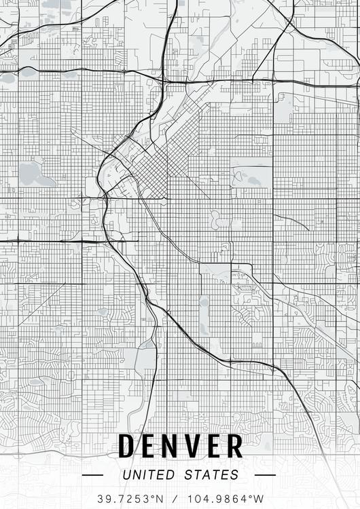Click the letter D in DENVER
(126, 447)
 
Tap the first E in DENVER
(150, 447)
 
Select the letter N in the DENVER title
(173, 447)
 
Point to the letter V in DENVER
(196, 447)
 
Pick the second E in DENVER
(216, 447)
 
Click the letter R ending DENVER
(235, 447)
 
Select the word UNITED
(147, 475)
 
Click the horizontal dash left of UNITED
(92, 475)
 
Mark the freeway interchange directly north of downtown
(165, 81)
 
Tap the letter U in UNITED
(127, 475)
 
